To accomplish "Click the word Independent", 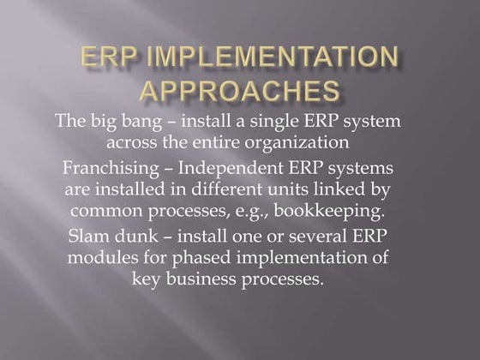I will pyautogui.click(x=245, y=166).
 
